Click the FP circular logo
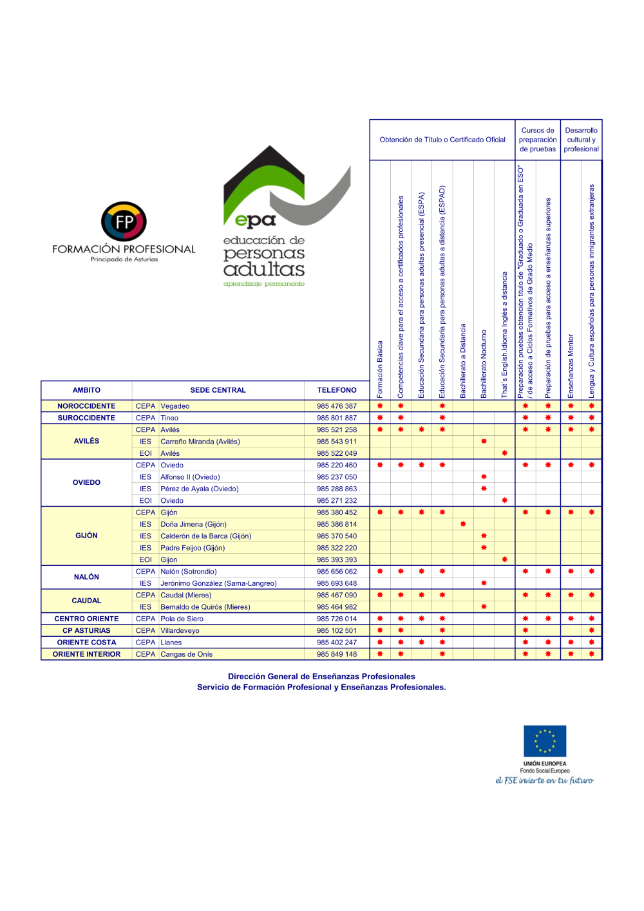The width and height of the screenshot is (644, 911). pyautogui.click(x=124, y=222)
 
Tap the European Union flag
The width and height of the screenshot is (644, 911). pyautogui.click(x=545, y=741)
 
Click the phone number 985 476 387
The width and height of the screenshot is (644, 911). pyautogui.click(x=336, y=406)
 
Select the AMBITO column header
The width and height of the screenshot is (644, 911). pyautogui.click(x=86, y=390)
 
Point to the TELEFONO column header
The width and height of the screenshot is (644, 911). pyautogui.click(x=336, y=390)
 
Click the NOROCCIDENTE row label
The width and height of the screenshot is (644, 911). pyautogui.click(x=86, y=406)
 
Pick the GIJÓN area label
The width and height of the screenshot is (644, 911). pyautogui.click(x=86, y=536)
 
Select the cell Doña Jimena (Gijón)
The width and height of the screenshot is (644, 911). pyautogui.click(x=193, y=524)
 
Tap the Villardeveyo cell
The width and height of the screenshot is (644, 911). pyautogui.click(x=180, y=631)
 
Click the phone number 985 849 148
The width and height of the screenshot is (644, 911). pyautogui.click(x=336, y=654)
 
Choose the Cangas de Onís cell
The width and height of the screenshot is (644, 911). pyautogui.click(x=186, y=654)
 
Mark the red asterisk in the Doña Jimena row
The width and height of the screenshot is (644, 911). pyautogui.click(x=463, y=524)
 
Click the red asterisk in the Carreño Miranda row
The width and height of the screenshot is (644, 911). pyautogui.click(x=484, y=442)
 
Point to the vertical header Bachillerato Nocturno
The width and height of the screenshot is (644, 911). pyautogui.click(x=484, y=364)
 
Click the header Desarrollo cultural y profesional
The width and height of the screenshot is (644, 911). pyautogui.click(x=581, y=140)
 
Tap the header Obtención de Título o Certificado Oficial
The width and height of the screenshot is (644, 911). pyautogui.click(x=442, y=140)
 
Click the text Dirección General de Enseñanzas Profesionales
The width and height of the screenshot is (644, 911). pyautogui.click(x=321, y=677)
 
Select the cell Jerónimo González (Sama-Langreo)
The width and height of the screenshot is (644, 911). pyautogui.click(x=218, y=583)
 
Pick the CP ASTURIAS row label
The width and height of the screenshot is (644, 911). pyautogui.click(x=86, y=631)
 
